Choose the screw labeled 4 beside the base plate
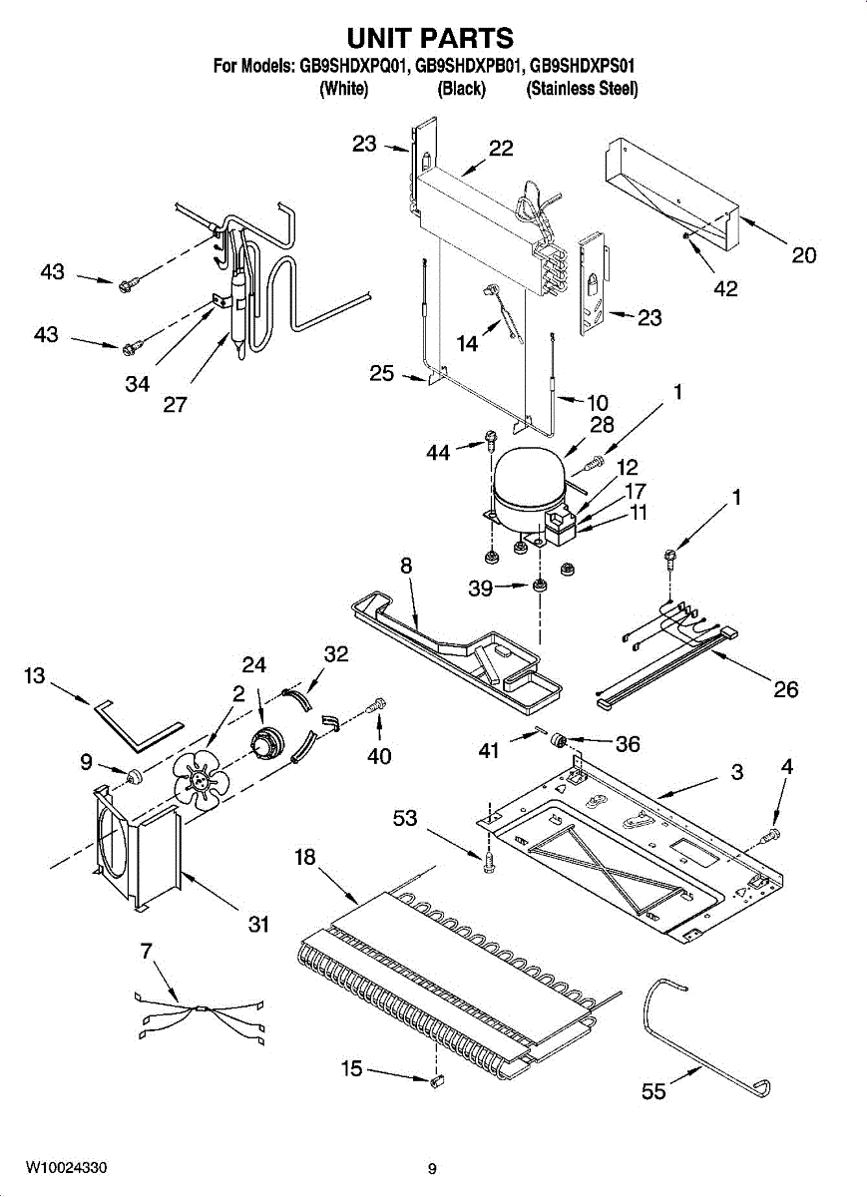[x=771, y=834]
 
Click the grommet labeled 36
[x=559, y=740]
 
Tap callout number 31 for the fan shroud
[x=258, y=924]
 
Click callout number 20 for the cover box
[x=803, y=255]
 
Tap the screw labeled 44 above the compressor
[x=489, y=440]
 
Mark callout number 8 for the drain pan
[x=406, y=566]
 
